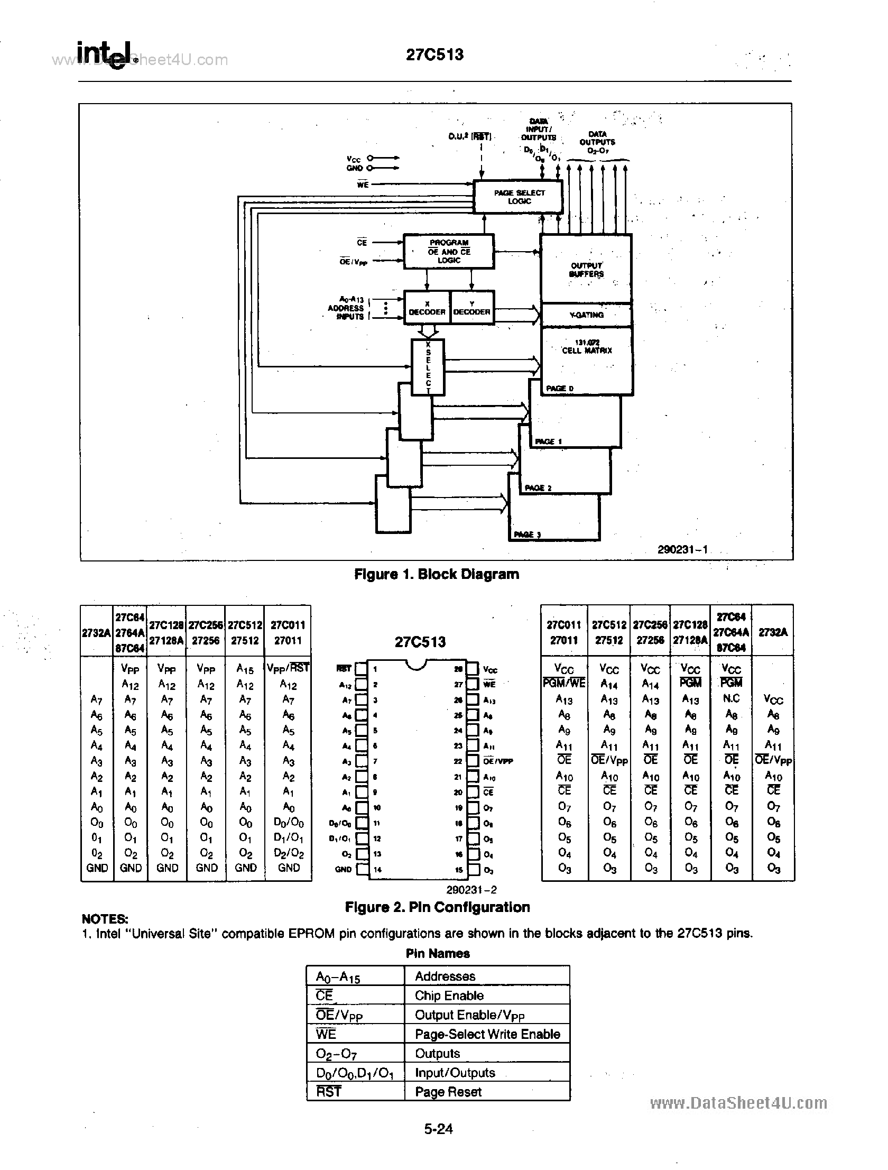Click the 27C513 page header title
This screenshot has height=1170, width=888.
[434, 55]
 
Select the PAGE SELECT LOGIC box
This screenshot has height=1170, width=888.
[519, 197]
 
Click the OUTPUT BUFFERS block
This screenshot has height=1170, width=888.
[586, 269]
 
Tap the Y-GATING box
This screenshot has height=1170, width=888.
[586, 315]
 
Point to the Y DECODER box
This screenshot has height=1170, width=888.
[472, 308]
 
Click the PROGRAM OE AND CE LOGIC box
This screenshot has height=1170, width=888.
[449, 252]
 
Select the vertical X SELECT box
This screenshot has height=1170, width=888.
[428, 367]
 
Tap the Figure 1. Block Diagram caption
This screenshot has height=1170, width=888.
[436, 574]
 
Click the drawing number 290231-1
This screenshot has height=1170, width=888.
[682, 549]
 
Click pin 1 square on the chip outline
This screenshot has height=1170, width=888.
[360, 669]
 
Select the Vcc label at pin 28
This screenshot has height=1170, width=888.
[490, 670]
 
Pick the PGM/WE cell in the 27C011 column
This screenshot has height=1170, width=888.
[564, 684]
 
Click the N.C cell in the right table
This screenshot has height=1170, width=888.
[731, 698]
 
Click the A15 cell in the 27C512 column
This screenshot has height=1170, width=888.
[245, 669]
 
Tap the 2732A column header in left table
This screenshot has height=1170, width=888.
[96, 633]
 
